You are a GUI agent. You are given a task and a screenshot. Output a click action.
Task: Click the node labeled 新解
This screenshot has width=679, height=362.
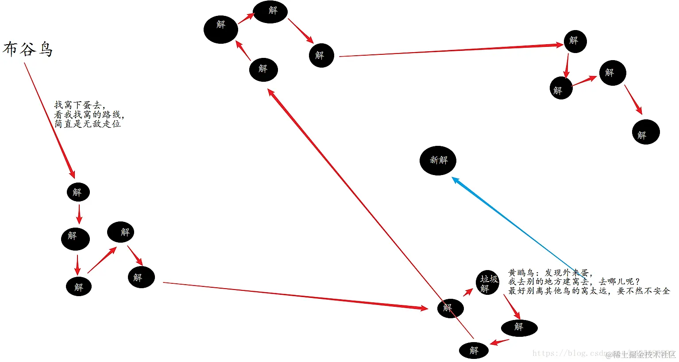(438, 160)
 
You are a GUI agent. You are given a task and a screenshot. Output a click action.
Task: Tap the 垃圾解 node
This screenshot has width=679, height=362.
(488, 283)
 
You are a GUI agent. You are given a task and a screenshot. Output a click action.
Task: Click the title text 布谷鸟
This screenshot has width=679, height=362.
(27, 49)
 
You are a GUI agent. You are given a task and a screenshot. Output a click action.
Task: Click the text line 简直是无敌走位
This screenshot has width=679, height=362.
(87, 124)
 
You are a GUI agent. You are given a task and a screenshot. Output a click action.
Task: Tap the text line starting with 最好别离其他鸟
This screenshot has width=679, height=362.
(589, 291)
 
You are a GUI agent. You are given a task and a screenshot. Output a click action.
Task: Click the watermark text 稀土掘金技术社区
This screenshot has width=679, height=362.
(644, 354)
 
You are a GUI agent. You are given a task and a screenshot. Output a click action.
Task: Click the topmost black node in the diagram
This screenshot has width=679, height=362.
(270, 12)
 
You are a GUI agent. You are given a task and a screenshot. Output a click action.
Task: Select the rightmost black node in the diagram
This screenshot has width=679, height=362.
(646, 132)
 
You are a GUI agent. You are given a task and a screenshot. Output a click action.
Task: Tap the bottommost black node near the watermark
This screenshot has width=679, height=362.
(474, 351)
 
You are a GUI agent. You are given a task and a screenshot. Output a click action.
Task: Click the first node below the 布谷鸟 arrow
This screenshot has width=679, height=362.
(78, 192)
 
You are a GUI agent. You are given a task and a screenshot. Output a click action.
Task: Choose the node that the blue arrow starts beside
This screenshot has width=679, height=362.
(488, 283)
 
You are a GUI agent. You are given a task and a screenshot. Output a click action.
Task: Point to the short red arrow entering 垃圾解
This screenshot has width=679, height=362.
(468, 293)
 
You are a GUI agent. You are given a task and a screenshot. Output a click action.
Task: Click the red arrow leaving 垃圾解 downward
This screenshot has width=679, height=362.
(512, 307)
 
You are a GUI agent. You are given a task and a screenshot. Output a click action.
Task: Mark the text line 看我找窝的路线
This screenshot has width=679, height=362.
(89, 115)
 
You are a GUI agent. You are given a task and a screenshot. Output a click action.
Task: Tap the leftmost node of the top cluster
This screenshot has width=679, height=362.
(221, 30)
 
